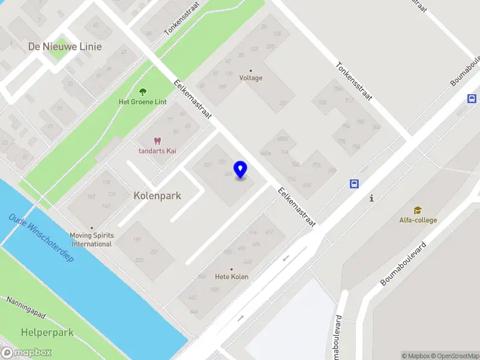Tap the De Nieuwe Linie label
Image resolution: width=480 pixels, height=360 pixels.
tap(65, 46)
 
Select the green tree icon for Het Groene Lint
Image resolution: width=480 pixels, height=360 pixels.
tap(143, 92)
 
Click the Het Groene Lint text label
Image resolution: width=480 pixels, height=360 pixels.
tap(143, 102)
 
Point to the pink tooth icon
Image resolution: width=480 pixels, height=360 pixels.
tap(158, 141)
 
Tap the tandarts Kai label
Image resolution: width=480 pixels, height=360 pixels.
tap(158, 151)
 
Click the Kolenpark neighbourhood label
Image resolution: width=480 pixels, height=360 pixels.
tap(157, 196)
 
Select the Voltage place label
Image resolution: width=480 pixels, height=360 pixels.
tap(251, 78)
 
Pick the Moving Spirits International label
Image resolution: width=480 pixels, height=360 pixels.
tap(92, 239)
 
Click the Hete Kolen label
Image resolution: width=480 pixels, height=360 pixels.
tap(232, 277)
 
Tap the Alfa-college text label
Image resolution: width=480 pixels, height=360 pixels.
tap(418, 220)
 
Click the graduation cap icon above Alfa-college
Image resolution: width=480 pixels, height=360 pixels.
tap(418, 211)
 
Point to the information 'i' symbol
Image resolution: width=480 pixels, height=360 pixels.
tap(372, 198)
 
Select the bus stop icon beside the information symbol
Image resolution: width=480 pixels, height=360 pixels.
tap(355, 184)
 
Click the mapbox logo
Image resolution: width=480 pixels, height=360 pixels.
tap(26, 353)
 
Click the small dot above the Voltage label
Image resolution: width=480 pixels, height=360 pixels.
tap(251, 70)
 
